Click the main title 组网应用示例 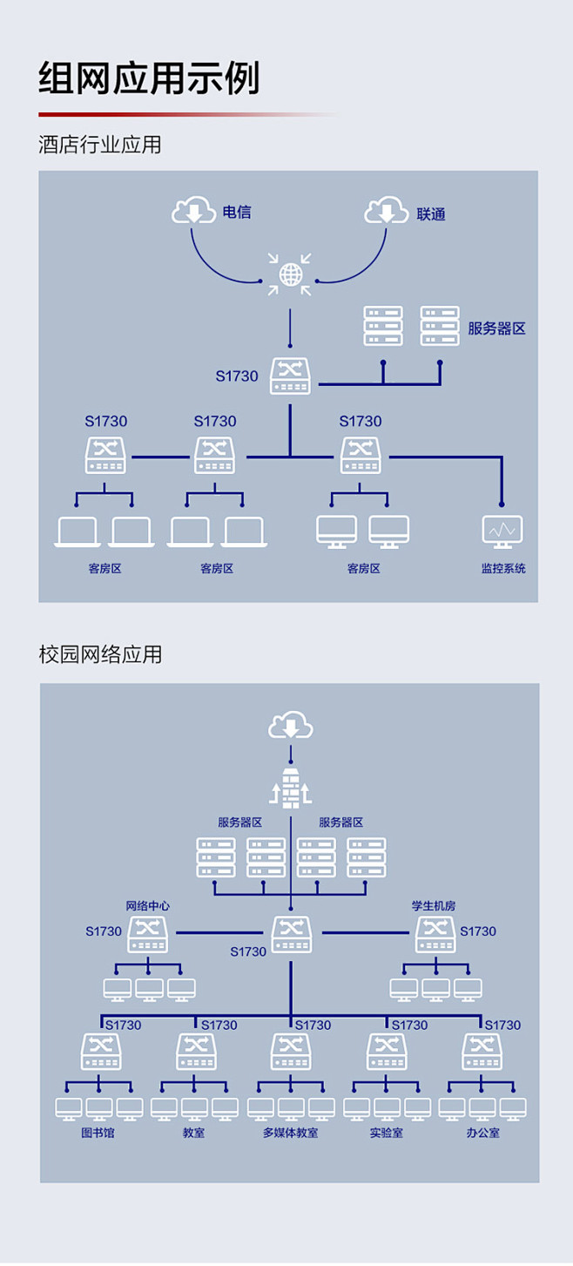149,79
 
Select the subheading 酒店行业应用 100,145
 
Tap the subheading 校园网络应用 100,654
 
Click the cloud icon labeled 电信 193,211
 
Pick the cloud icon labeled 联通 387,211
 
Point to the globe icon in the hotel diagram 290,274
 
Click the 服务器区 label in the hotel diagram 496,328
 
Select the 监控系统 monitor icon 502,531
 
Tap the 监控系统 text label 503,569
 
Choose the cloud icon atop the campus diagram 290,725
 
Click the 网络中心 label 148,906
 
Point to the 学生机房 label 434,906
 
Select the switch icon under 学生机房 435,934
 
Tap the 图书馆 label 98,1134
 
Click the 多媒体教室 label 291,1134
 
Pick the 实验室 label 386,1134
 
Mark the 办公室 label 482,1134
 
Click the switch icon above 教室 196,1052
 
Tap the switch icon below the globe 290,376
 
